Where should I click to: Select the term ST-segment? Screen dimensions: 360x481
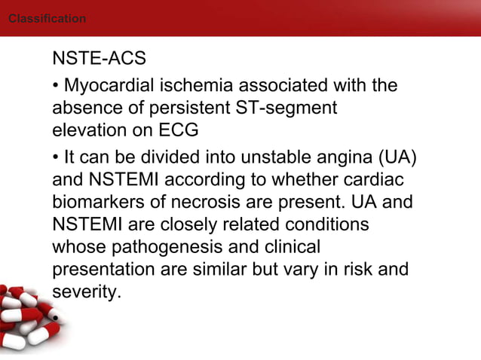293,108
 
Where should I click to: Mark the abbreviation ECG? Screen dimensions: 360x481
178,130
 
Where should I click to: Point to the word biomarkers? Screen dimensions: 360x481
97,203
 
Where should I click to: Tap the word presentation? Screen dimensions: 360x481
100,269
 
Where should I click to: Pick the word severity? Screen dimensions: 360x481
85,291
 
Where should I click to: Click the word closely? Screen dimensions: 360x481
207,225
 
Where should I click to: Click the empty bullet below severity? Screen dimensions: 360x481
55,318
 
